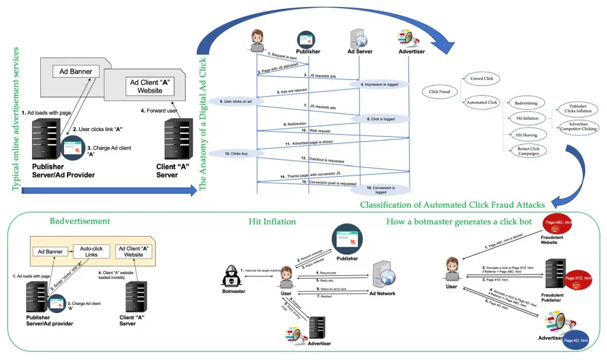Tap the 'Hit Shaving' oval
526,135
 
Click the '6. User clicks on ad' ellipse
232,101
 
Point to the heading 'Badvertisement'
79,221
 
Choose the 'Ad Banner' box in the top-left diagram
76,72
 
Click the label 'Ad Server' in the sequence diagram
359,52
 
